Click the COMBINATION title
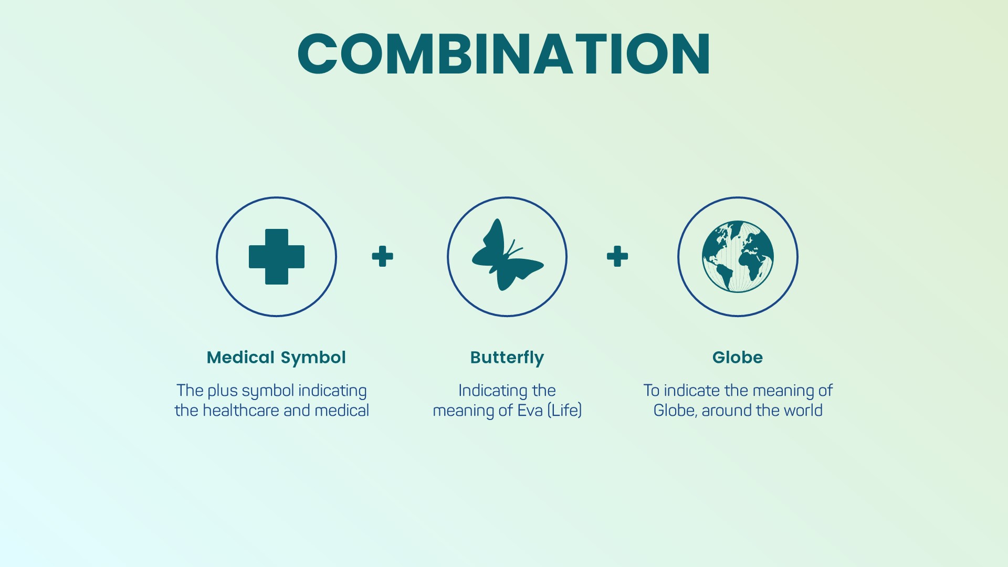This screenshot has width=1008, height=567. [x=504, y=54]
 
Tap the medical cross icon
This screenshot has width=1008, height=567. [x=277, y=257]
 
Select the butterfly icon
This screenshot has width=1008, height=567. [x=507, y=255]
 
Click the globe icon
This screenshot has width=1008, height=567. [x=738, y=256]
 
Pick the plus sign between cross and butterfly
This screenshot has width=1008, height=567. [x=382, y=256]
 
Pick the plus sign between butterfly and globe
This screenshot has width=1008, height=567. [x=617, y=256]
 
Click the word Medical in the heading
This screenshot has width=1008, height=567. [x=240, y=358]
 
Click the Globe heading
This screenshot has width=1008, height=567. [x=738, y=358]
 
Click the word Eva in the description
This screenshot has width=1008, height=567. [x=530, y=410]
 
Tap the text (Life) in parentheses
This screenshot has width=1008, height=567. [x=564, y=410]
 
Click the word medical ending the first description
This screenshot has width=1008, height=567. [x=342, y=410]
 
